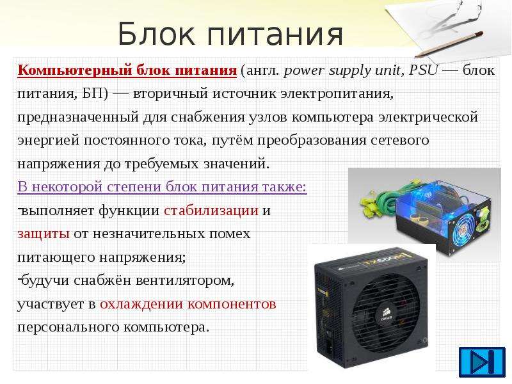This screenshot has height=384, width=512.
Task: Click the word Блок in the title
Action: click(x=156, y=34)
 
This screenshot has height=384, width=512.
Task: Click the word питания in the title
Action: click(x=275, y=35)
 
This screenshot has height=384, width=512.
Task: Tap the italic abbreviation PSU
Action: click(x=423, y=70)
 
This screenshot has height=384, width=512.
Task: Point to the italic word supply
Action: click(x=349, y=71)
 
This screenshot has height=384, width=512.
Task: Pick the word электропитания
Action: click(x=337, y=93)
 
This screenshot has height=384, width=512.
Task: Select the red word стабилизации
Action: click(x=211, y=211)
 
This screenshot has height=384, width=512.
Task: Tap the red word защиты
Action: click(x=43, y=234)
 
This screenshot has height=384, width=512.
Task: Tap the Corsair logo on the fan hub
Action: click(x=387, y=315)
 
